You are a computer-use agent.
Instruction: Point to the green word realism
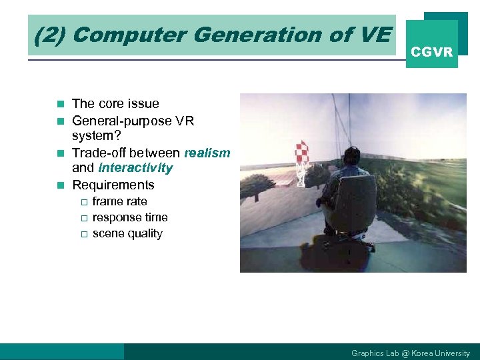207,153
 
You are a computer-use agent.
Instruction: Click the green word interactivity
135,168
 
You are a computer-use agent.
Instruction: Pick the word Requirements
113,185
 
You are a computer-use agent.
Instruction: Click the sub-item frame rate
119,201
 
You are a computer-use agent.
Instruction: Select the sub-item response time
130,217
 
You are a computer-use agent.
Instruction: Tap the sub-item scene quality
127,233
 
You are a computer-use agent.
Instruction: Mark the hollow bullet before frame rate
83,202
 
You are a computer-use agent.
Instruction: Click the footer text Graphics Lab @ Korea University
410,353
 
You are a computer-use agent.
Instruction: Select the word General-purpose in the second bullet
113,121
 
